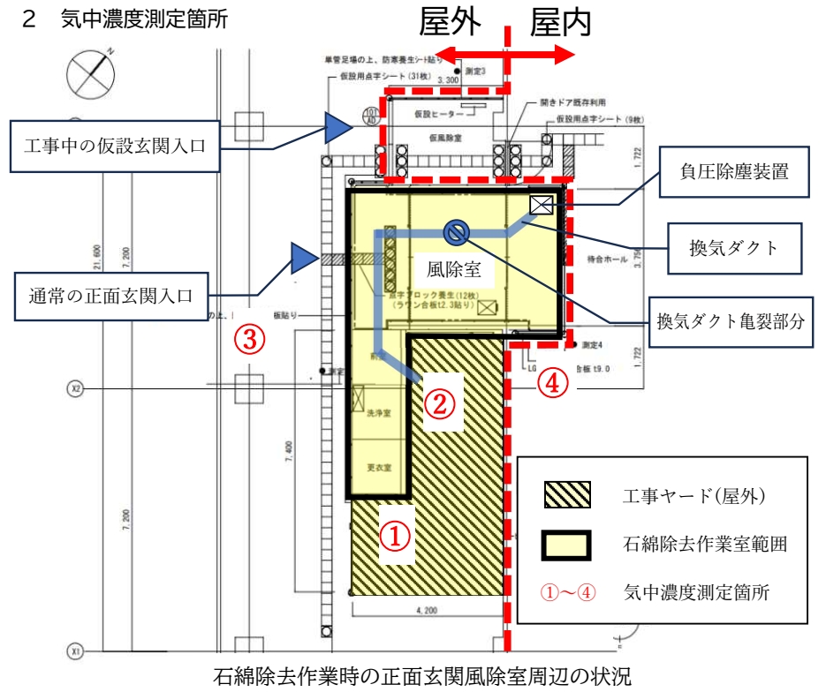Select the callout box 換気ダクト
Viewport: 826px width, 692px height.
pos(734,248)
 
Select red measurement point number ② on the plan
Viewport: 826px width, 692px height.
pos(441,403)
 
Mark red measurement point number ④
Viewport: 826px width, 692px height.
pos(553,383)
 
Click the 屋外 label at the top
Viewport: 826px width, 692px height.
pos(451,24)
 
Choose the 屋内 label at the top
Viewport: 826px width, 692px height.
pos(560,24)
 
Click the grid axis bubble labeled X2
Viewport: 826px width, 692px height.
pos(76,388)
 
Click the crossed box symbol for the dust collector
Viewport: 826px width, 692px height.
pos(541,205)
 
